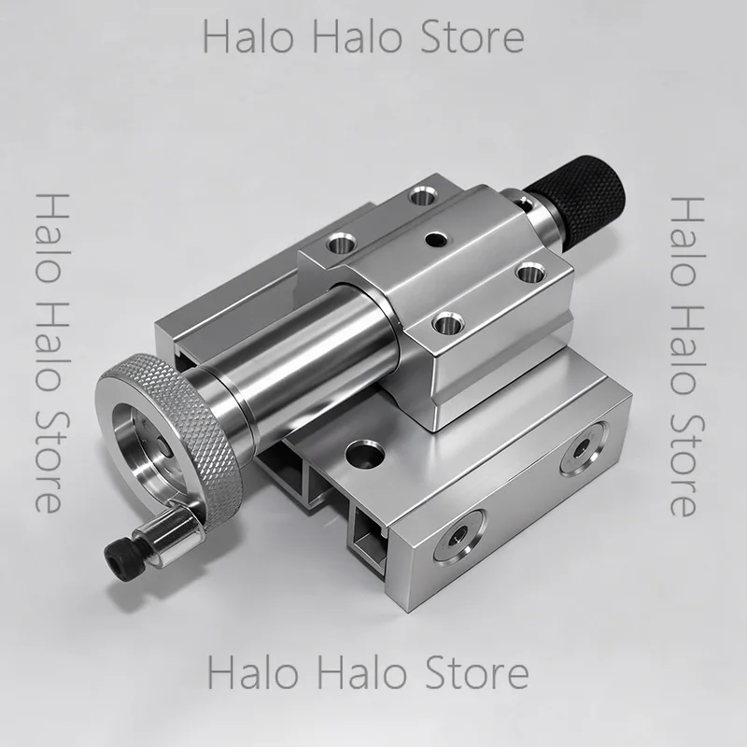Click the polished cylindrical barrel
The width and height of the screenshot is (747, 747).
tap(305, 343)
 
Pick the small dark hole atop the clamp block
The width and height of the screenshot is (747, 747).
tap(436, 239)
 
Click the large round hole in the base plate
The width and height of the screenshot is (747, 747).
tap(364, 455)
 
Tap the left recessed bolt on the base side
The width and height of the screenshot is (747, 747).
tap(459, 536)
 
